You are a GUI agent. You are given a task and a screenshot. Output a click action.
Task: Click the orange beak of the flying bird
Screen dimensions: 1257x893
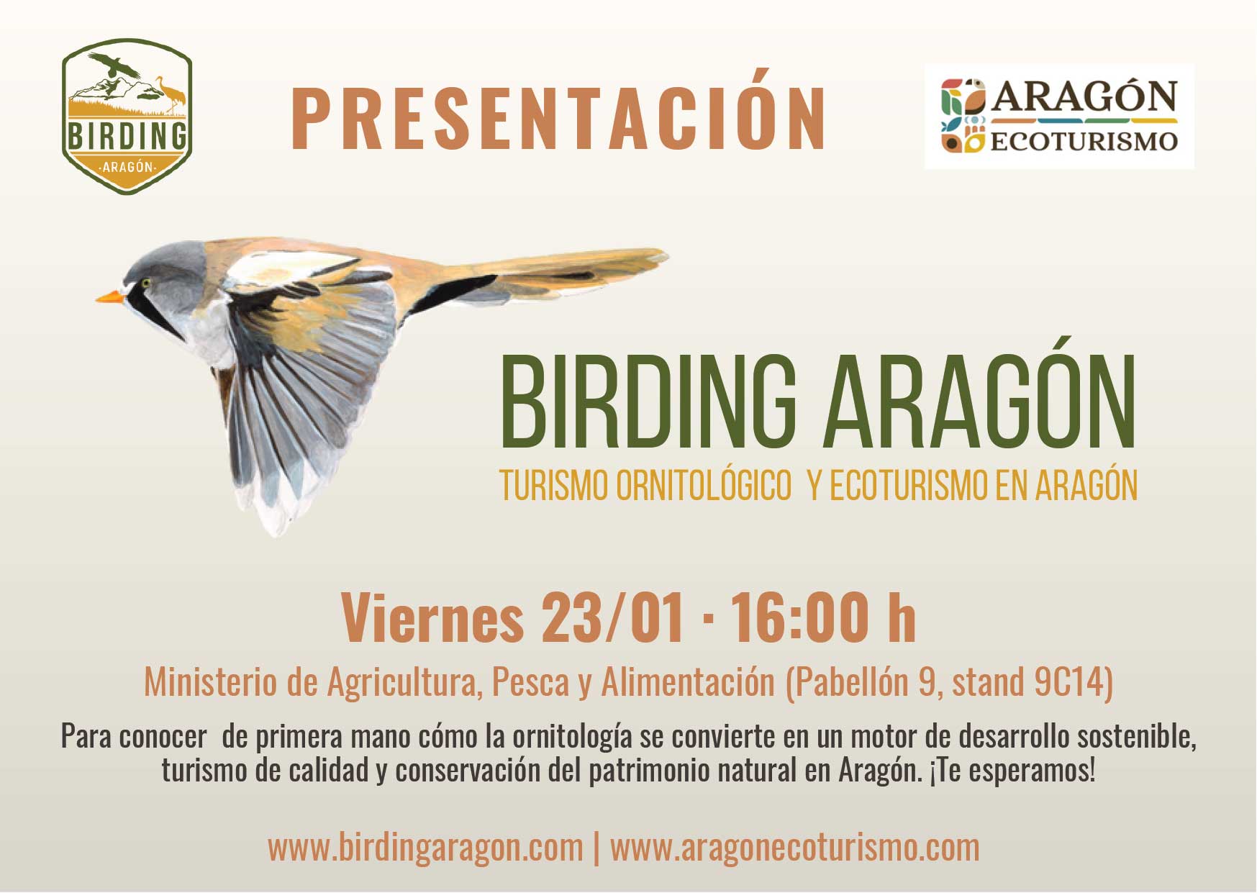tap(109, 296)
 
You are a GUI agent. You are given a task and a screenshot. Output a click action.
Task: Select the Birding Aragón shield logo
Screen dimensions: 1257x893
tap(127, 116)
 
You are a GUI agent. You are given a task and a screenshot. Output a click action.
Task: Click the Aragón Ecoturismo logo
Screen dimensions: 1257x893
tap(1059, 116)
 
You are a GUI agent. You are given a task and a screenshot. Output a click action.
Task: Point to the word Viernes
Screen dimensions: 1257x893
tap(432, 618)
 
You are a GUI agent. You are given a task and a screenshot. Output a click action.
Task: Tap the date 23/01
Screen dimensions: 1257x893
tap(612, 618)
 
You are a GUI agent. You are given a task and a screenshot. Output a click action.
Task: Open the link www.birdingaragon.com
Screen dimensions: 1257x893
tap(425, 848)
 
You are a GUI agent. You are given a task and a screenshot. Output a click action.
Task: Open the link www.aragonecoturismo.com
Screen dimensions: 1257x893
tap(794, 848)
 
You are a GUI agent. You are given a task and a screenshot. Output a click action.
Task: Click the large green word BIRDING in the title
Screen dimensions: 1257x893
tap(648, 402)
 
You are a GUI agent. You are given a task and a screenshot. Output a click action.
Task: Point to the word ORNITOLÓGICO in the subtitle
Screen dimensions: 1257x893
tap(704, 486)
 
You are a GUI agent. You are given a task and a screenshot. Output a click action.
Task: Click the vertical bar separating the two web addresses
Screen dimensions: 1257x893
tap(596, 848)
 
